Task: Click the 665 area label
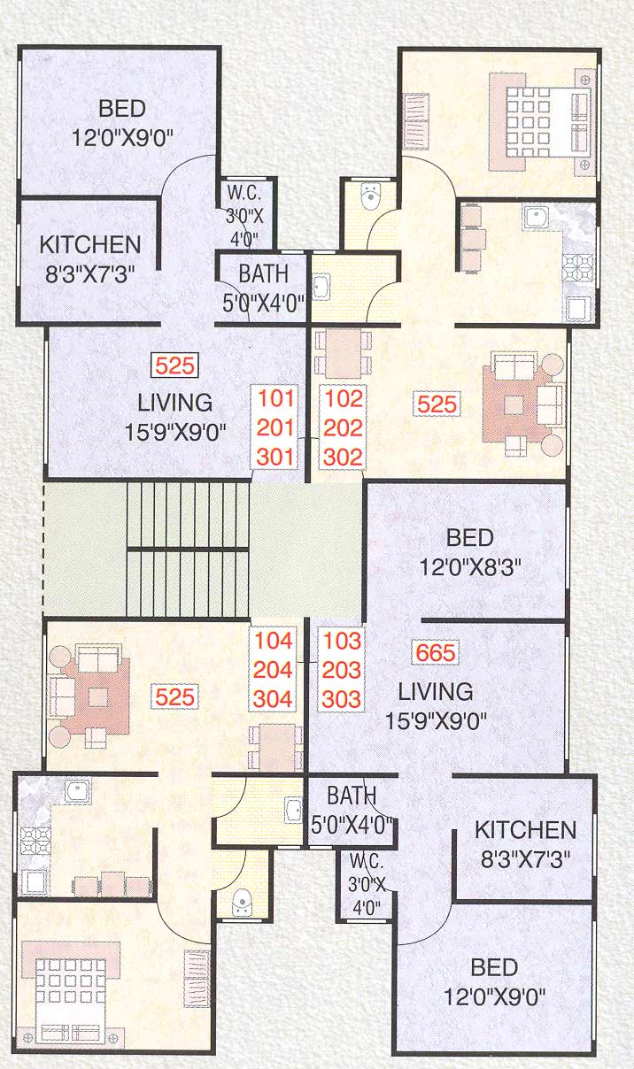coord(435,654)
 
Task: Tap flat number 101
coord(274,398)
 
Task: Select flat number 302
coord(343,457)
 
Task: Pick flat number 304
coord(273,698)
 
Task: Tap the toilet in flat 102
coord(371,196)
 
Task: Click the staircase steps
coord(188,549)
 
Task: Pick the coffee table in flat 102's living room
coord(514,404)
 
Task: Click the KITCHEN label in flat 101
coord(89,244)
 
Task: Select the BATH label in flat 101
coord(263,273)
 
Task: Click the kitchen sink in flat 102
coord(537,216)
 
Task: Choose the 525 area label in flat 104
coord(174,696)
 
